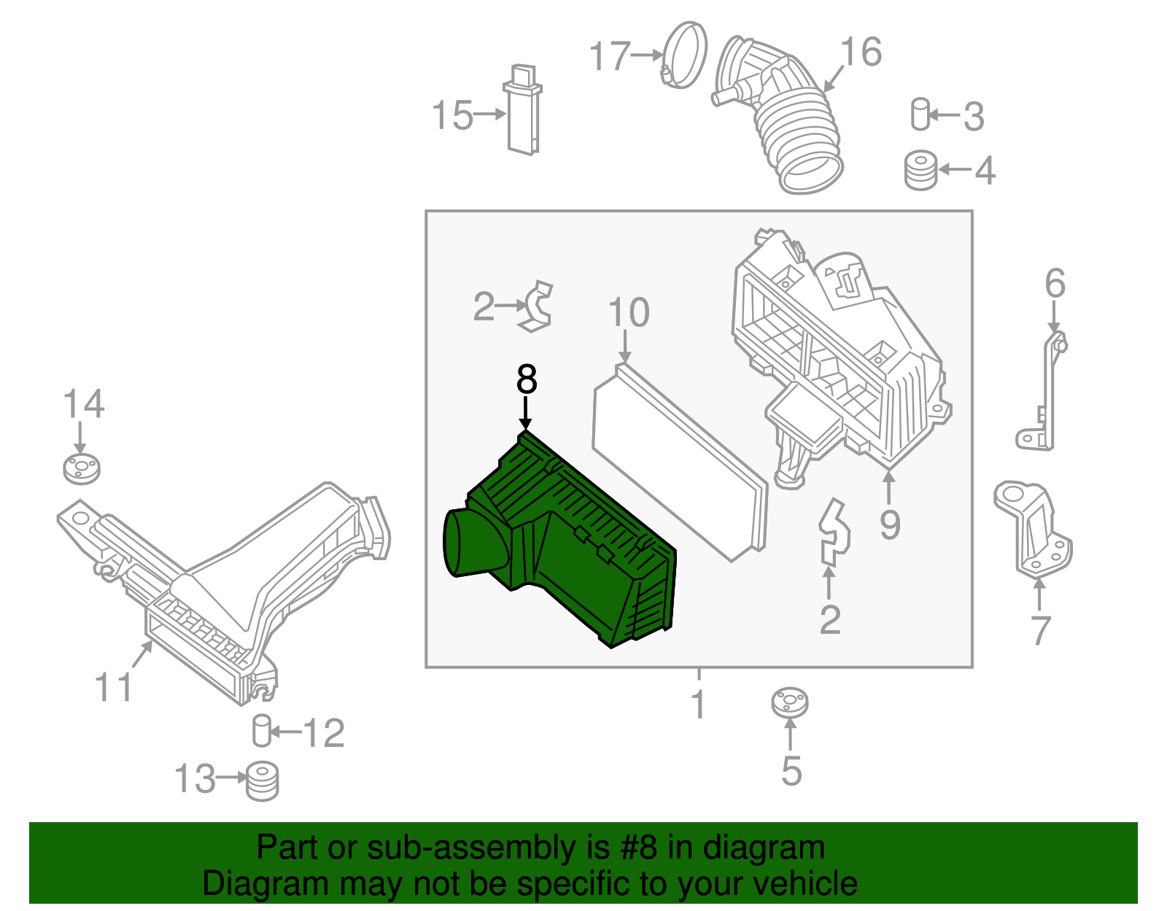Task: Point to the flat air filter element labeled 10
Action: click(x=680, y=462)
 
